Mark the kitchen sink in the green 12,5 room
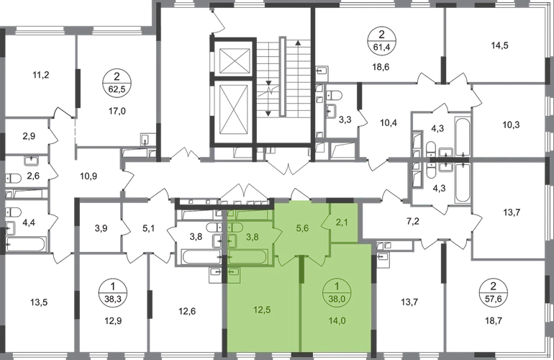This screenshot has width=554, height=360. click(233, 272)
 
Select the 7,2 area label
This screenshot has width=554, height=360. click(413, 222)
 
